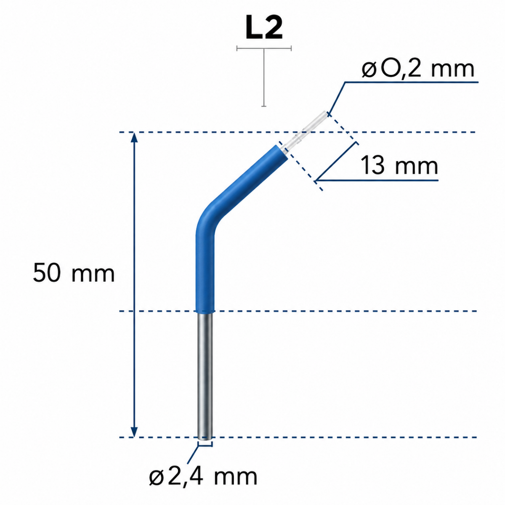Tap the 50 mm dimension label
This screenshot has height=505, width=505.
[74, 273]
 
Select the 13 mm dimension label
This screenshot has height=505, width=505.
[399, 165]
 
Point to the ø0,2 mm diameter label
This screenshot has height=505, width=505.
[418, 69]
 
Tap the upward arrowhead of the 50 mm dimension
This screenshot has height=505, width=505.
[134, 137]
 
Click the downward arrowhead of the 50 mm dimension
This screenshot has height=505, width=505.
[134, 432]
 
